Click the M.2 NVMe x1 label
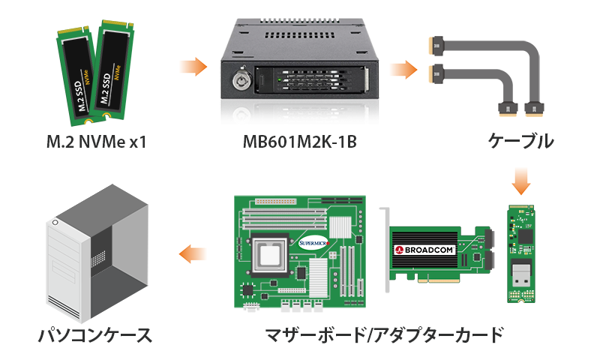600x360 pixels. [97, 142]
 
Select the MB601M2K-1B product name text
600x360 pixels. [299, 142]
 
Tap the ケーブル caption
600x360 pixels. [520, 141]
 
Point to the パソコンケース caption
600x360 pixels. [95, 335]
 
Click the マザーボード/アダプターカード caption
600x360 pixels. [384, 335]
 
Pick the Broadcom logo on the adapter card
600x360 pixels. [424, 250]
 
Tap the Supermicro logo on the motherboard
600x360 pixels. [313, 243]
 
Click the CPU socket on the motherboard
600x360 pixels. [270, 254]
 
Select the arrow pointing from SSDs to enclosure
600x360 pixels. [193, 67]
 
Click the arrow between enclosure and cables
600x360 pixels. [403, 70]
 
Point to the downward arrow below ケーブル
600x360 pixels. [520, 181]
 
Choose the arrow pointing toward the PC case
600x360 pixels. [193, 253]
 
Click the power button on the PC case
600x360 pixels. [55, 223]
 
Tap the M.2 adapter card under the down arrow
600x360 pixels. [520, 254]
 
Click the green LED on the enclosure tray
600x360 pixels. [280, 80]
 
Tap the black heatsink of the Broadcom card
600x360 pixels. [424, 250]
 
